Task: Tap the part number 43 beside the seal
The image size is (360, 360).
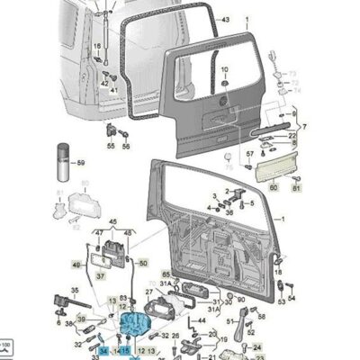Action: pos(225,19)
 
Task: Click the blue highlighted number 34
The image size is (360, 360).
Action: pos(103,349)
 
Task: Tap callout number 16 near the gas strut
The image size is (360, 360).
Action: pos(96,43)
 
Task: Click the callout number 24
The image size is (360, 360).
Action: pos(256,346)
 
